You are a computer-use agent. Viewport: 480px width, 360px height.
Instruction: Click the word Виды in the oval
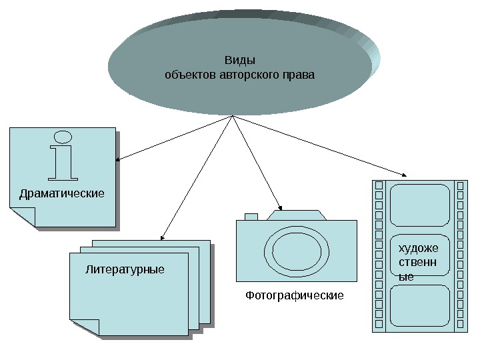tap(239, 61)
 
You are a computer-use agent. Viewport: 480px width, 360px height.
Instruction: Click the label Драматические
tap(62, 193)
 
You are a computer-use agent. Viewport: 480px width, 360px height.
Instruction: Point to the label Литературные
tap(125, 270)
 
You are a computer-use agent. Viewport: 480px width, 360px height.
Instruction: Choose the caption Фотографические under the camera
tap(294, 294)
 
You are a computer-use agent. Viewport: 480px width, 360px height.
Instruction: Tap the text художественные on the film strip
tap(417, 262)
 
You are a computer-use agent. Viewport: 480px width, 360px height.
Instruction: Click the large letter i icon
tap(63, 160)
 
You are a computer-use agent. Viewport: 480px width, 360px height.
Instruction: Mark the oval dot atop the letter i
tap(63, 137)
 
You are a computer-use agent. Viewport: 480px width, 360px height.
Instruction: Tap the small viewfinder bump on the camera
tap(251, 216)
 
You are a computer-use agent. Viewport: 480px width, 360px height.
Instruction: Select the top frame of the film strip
tap(420, 205)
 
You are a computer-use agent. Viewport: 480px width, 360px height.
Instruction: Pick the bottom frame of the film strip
tap(420, 305)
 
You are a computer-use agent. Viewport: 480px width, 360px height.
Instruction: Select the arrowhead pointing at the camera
tap(281, 207)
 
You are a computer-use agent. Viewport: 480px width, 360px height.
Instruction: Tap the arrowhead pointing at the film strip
tap(407, 175)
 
